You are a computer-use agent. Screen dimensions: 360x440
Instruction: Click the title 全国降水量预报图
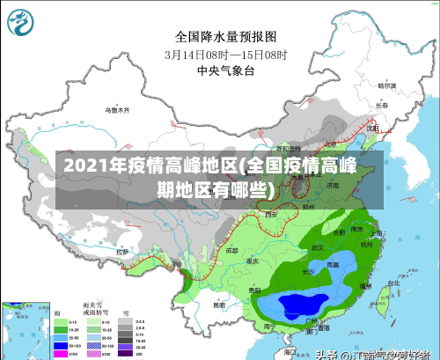(x=225, y=37)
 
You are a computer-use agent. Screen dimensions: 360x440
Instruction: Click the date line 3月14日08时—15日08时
(x=225, y=54)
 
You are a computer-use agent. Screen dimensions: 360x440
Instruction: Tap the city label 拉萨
(x=122, y=252)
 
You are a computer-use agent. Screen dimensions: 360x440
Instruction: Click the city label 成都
(x=231, y=250)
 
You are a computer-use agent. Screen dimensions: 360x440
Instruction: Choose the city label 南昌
(x=334, y=264)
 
